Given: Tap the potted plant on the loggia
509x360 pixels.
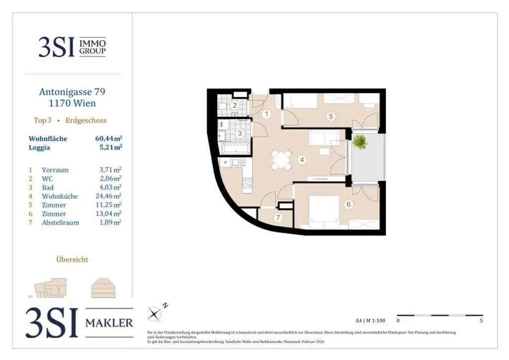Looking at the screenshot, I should tap(359, 142).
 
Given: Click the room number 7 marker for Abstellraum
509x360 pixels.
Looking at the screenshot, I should tap(278, 218).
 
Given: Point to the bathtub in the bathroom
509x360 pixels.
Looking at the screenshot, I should tap(237, 148).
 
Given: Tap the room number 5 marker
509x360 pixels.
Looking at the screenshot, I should tap(331, 116).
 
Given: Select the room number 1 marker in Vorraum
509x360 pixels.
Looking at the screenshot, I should tap(266, 114).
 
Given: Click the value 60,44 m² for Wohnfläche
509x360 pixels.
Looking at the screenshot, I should tap(108, 139).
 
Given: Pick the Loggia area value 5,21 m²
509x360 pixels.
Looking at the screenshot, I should tap(110, 147).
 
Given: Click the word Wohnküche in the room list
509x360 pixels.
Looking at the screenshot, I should tap(60, 196).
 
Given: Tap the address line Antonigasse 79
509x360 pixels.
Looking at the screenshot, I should tap(72, 92).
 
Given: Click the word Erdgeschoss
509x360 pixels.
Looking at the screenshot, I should tap(86, 120).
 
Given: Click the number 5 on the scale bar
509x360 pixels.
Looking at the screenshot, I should tap(481, 321).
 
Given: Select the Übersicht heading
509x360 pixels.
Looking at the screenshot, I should tap(72, 259).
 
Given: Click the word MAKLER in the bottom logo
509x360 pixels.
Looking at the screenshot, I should tap(109, 323).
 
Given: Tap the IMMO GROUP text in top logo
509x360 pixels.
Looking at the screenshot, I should tap(92, 47).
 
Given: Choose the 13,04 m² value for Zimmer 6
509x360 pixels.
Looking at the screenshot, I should tap(110, 214).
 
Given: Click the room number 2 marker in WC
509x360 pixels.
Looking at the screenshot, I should tap(235, 105).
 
